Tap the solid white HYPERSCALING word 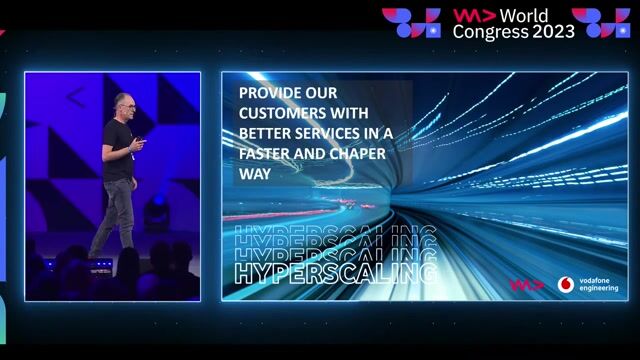pyautogui.click(x=334, y=273)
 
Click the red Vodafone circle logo pyautogui.click(x=566, y=284)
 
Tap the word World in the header pyautogui.click(x=526, y=15)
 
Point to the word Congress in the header pyautogui.click(x=490, y=31)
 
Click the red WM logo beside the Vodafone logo pyautogui.click(x=526, y=284)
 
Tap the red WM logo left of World pyautogui.click(x=469, y=16)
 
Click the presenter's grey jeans pyautogui.click(x=115, y=210)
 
